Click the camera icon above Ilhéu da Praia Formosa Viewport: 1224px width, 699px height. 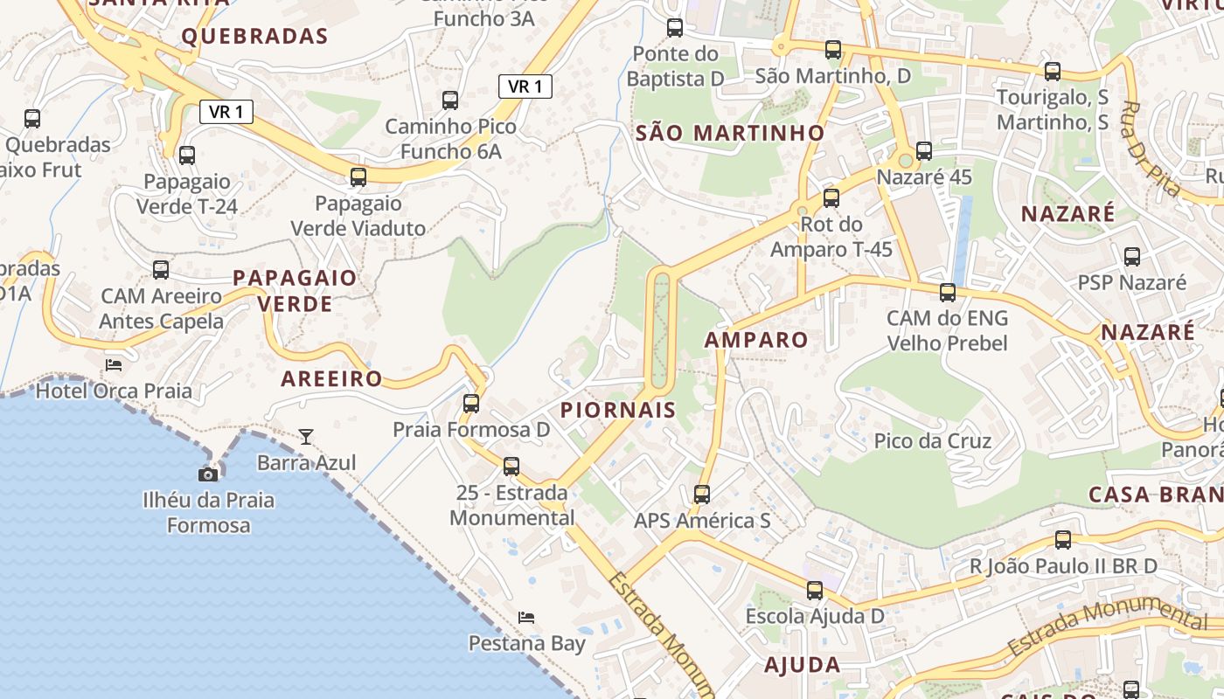208,474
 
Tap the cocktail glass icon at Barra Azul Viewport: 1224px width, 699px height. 306,436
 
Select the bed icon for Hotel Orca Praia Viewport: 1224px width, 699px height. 114,364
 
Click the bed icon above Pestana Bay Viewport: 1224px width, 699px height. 526,618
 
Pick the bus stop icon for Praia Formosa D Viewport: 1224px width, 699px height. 471,403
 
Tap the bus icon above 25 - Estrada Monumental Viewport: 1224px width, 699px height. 511,466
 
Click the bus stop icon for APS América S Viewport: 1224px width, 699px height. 702,495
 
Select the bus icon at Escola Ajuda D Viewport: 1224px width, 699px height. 815,590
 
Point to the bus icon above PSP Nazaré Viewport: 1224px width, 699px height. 1132,256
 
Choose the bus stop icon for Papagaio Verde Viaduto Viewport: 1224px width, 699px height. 358,177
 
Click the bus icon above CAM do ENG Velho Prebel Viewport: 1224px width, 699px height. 948,292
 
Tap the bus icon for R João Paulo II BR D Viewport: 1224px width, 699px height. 1063,539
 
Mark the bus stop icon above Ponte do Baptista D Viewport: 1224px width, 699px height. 675,28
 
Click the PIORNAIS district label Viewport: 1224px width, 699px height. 618,410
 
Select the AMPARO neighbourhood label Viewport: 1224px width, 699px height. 756,340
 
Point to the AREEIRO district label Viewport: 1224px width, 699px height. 331,378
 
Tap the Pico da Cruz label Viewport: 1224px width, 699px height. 933,441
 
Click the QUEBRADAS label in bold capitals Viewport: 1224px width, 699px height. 254,36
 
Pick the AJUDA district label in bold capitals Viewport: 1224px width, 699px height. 803,665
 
